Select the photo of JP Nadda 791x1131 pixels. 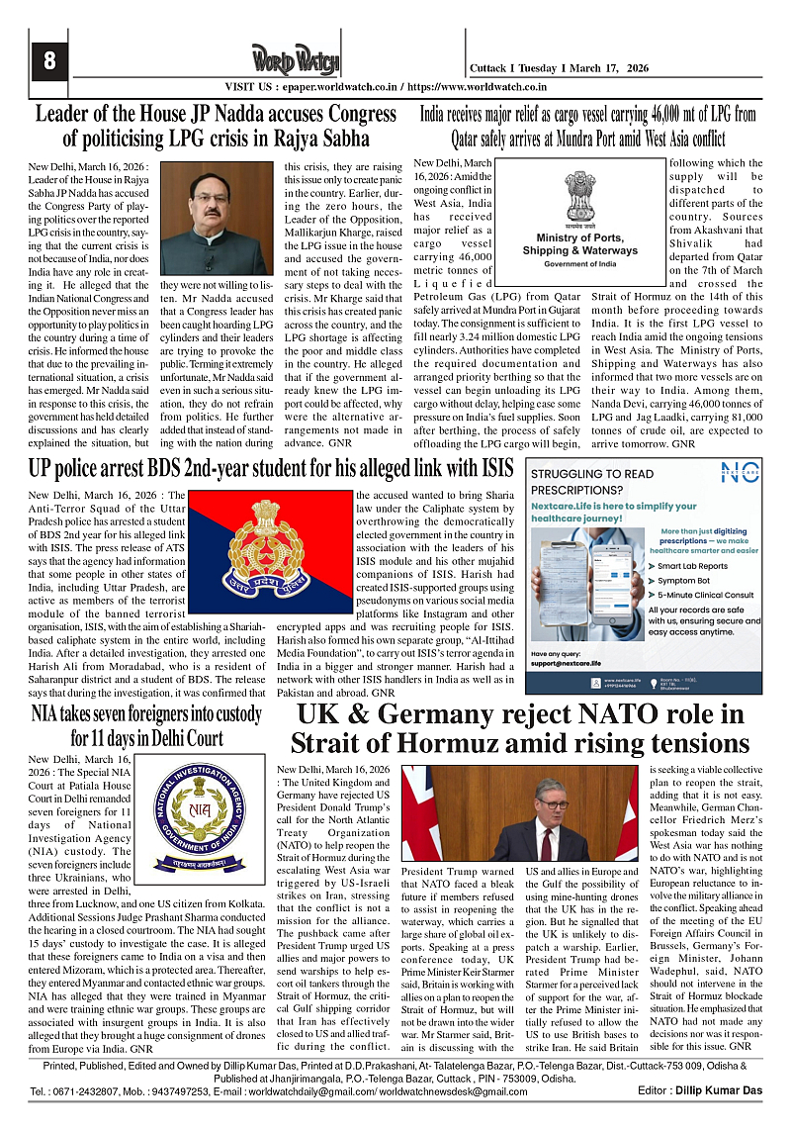click(x=217, y=219)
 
